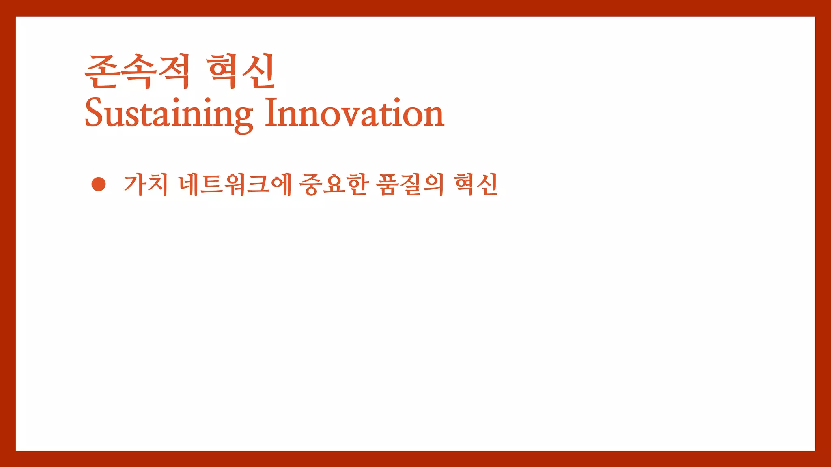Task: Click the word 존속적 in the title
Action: click(137, 72)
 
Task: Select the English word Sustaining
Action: click(169, 114)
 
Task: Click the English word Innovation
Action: click(355, 113)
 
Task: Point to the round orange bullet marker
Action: click(99, 184)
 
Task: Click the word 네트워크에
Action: click(235, 184)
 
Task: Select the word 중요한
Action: click(334, 184)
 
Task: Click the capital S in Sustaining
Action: click(94, 113)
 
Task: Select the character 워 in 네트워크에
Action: click(235, 184)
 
